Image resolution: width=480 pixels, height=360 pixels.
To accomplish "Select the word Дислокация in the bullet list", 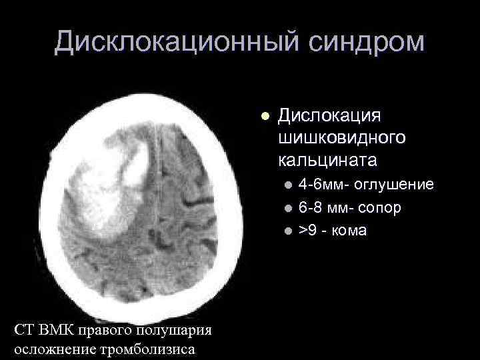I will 329,115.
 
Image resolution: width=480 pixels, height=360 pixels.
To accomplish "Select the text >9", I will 307,231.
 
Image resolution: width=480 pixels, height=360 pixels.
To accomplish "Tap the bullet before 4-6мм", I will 287,185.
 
